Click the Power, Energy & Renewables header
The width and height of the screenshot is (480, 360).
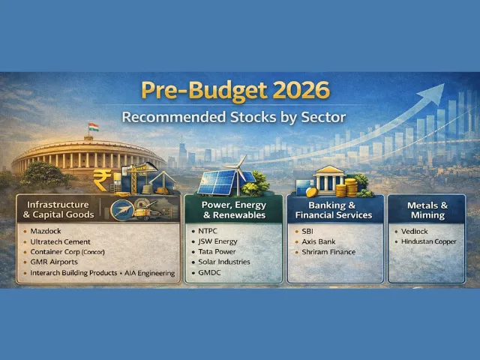coord(232,209)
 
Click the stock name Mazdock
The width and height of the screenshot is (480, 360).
coord(46,232)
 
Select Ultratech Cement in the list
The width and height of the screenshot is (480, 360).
coord(61,242)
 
